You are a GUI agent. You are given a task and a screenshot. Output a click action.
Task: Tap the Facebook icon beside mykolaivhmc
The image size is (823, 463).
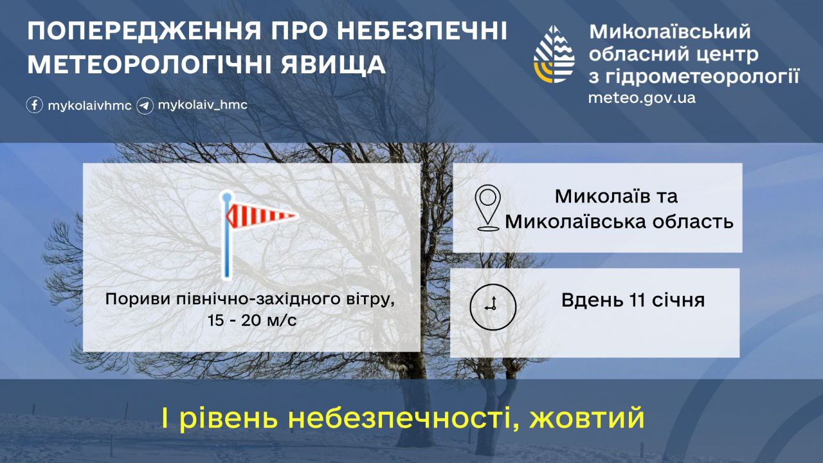click(35, 105)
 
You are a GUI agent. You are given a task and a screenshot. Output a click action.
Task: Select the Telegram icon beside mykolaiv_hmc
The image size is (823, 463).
click(145, 105)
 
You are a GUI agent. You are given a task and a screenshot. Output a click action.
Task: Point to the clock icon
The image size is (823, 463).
click(493, 305)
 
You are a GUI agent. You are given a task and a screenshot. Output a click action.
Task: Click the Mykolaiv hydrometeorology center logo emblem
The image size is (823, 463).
click(554, 55)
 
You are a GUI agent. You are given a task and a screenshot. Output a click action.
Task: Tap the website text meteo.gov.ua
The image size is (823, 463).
click(642, 98)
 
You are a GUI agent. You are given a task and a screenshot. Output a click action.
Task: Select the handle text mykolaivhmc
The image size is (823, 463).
click(89, 105)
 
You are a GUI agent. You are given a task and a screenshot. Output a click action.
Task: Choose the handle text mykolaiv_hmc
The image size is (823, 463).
click(203, 105)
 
